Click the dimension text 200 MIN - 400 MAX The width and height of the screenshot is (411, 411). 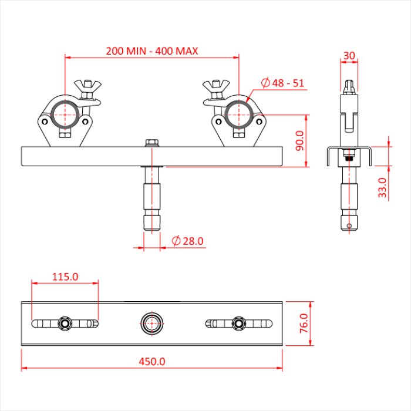(152, 51)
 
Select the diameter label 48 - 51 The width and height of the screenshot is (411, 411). (282, 83)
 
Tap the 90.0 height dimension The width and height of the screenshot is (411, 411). (299, 141)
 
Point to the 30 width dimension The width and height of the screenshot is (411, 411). (349, 56)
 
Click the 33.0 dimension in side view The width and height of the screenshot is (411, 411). (382, 188)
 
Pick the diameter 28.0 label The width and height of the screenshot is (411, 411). (187, 241)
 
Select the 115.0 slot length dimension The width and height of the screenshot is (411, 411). (65, 277)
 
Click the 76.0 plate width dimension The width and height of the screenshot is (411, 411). (304, 324)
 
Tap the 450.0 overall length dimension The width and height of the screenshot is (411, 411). (152, 362)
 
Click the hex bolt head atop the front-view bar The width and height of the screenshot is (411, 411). (152, 142)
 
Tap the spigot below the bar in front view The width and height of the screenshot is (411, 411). (152, 200)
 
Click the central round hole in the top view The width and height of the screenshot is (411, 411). (152, 322)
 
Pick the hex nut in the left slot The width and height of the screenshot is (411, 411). (65, 322)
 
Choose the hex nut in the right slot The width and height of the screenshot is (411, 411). (238, 322)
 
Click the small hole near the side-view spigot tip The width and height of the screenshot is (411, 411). (349, 225)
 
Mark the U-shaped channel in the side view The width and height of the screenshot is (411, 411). (349, 154)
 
